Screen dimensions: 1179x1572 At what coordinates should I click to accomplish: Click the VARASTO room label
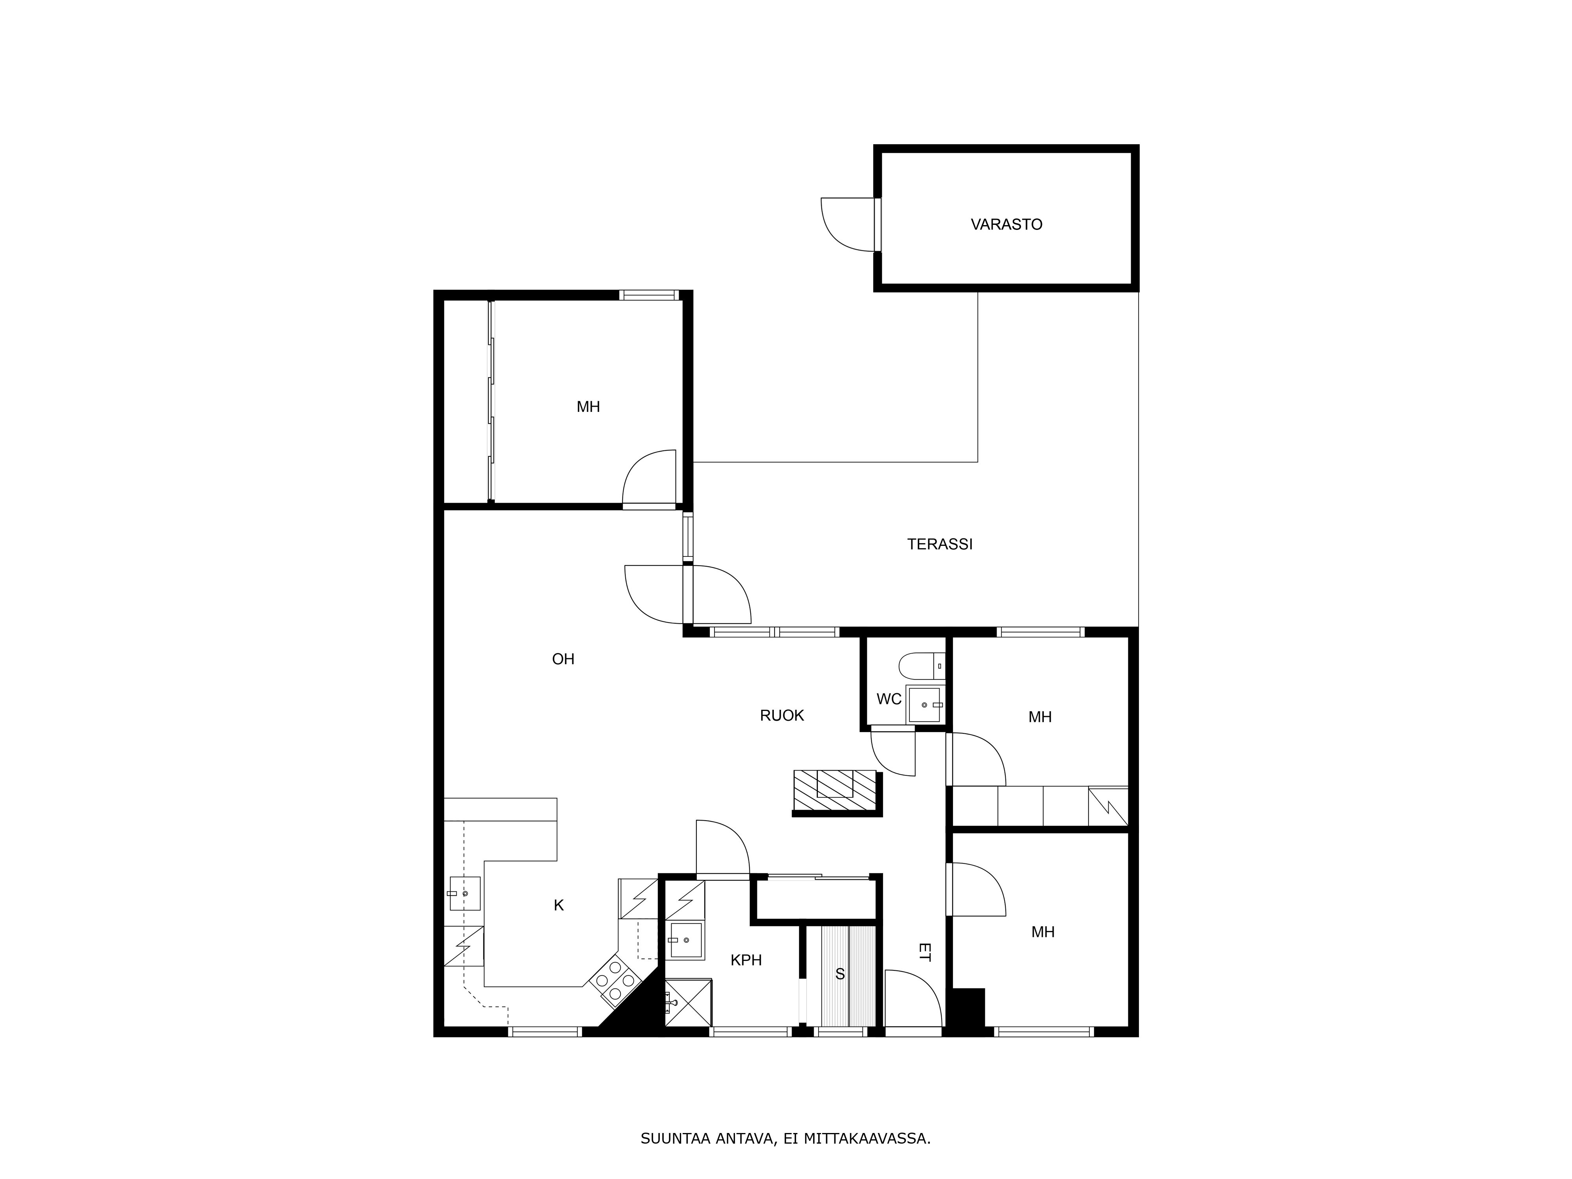pyautogui.click(x=1006, y=224)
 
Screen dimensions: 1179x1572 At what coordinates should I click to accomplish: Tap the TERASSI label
pyautogui.click(x=940, y=544)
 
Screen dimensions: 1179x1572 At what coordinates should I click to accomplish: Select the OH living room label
pyautogui.click(x=563, y=659)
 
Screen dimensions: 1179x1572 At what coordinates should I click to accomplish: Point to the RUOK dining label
pyautogui.click(x=782, y=716)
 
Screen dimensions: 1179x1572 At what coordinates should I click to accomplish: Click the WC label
pyautogui.click(x=888, y=699)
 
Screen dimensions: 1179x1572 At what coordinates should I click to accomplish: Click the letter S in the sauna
pyautogui.click(x=840, y=974)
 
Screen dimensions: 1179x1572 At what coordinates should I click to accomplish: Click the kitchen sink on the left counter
pyautogui.click(x=464, y=893)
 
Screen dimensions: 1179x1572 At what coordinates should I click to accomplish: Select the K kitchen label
pyautogui.click(x=558, y=905)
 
